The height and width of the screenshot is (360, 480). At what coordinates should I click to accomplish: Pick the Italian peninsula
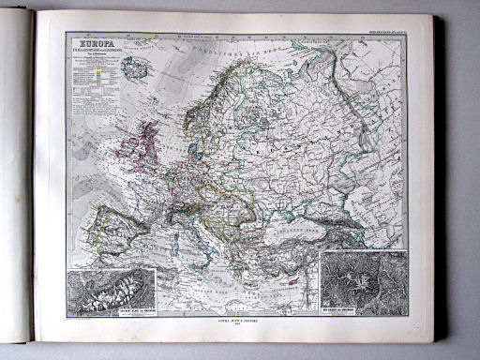tap(201, 229)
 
